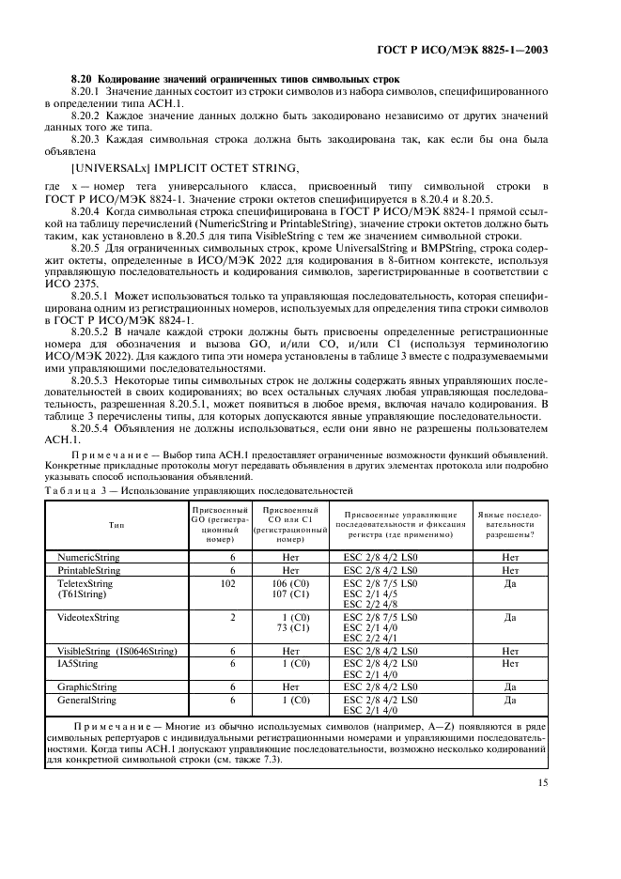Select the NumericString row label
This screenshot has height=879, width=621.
point(88,557)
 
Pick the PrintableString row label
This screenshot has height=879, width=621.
point(88,570)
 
